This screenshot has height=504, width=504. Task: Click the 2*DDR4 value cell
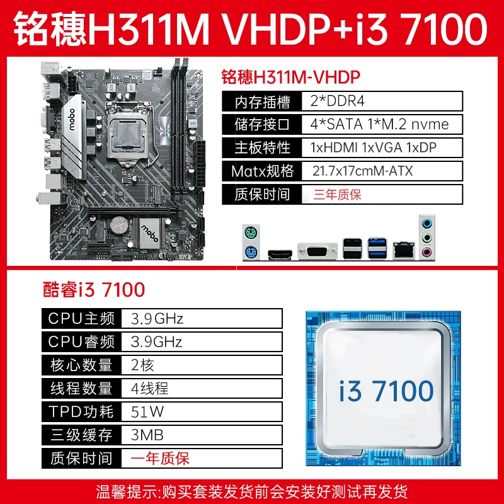pyautogui.click(x=337, y=101)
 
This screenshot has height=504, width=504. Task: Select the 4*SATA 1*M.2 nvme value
pyautogui.click(x=379, y=124)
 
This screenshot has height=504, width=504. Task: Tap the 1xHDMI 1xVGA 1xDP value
pyautogui.click(x=374, y=147)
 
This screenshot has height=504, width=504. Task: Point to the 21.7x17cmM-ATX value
pyautogui.click(x=363, y=171)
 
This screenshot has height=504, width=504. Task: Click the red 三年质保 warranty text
pyautogui.click(x=338, y=195)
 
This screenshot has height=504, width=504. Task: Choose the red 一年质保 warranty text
pyautogui.click(x=160, y=458)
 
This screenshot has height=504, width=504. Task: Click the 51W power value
pyautogui.click(x=147, y=412)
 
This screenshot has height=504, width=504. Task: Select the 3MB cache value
pyautogui.click(x=147, y=435)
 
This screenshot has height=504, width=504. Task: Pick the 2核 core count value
pyautogui.click(x=142, y=365)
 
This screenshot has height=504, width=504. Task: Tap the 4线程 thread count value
pyautogui.click(x=149, y=388)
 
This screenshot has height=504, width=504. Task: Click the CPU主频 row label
pyautogui.click(x=81, y=319)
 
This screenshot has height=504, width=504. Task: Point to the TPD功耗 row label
pyautogui.click(x=81, y=412)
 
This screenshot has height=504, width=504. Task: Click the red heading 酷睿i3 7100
pyautogui.click(x=94, y=289)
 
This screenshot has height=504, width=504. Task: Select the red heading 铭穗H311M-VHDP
pyautogui.click(x=290, y=77)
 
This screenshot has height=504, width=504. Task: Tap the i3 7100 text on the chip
pyautogui.click(x=386, y=391)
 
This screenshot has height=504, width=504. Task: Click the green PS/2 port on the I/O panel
pyautogui.click(x=250, y=232)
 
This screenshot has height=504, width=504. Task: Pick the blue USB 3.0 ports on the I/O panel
pyautogui.click(x=377, y=248)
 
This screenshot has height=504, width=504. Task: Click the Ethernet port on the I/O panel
pyautogui.click(x=404, y=249)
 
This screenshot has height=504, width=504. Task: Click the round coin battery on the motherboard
pyautogui.click(x=120, y=225)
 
